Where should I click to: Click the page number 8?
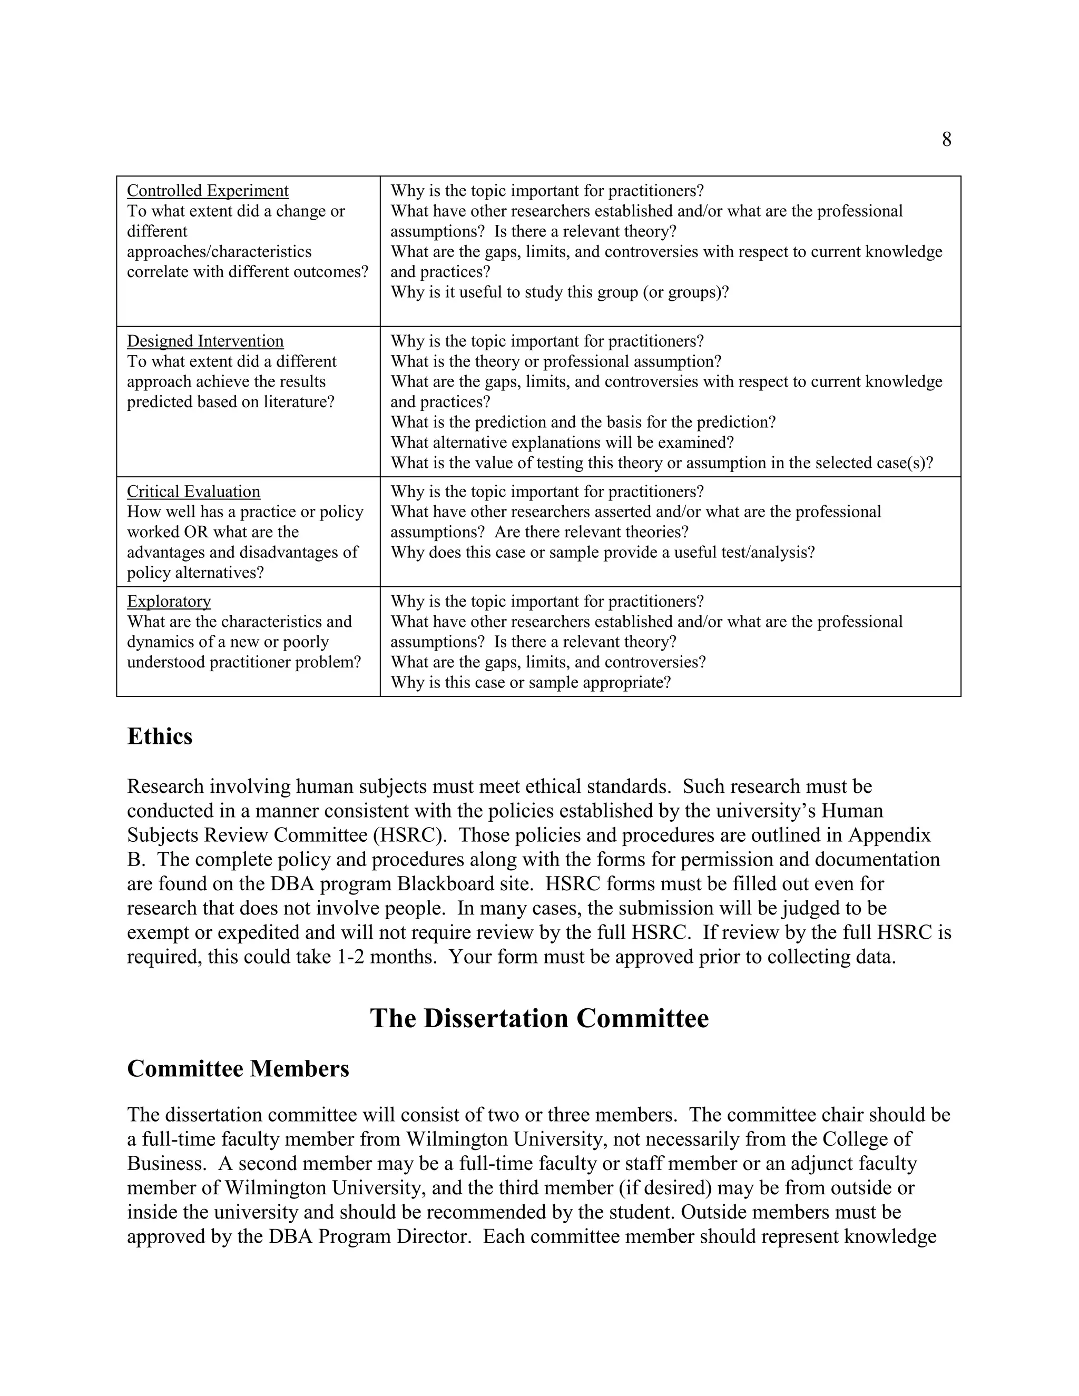point(946,140)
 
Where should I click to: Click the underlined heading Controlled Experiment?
point(208,191)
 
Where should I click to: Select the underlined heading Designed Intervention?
point(205,341)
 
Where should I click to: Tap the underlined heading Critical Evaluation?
point(194,491)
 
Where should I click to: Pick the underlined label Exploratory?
point(169,601)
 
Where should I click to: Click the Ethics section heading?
point(160,736)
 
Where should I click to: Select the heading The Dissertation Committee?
point(539,1018)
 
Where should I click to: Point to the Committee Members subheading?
point(238,1068)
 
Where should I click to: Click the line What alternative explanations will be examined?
point(562,443)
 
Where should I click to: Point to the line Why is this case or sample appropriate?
point(531,682)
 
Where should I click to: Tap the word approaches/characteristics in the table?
point(219,251)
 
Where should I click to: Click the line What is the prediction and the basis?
point(583,422)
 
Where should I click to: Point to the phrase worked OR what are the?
point(213,532)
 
